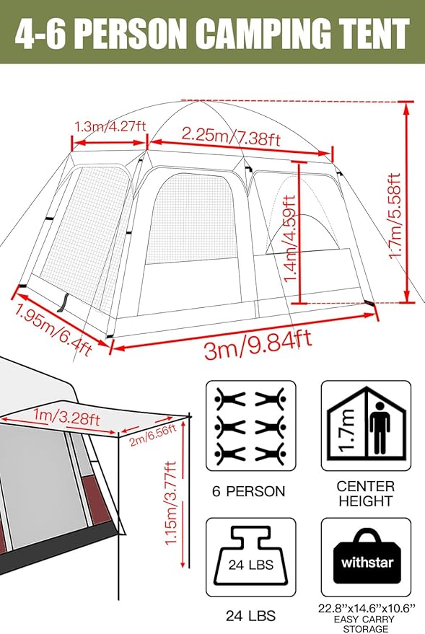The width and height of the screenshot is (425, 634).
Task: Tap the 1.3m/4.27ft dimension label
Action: click(110, 126)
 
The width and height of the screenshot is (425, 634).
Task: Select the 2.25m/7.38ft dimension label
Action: click(230, 134)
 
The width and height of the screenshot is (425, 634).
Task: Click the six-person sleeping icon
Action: click(250, 425)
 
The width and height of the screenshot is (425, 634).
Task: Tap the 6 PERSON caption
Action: click(250, 492)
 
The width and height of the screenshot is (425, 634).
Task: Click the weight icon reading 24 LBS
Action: click(250, 557)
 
